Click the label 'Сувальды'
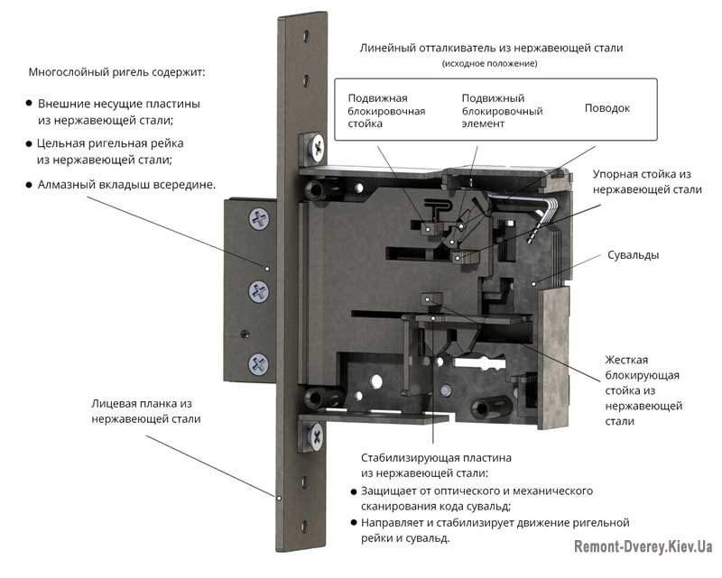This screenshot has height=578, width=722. pyautogui.click(x=634, y=255)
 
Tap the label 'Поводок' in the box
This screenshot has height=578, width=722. pyautogui.click(x=607, y=108)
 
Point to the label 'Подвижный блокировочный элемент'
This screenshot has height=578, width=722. pyautogui.click(x=502, y=110)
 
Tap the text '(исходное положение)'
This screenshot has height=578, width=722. pyautogui.click(x=490, y=64)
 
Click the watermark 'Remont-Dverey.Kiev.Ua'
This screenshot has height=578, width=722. pyautogui.click(x=643, y=546)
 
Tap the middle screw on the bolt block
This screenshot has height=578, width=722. pyautogui.click(x=260, y=290)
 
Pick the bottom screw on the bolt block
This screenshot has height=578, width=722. pyautogui.click(x=260, y=362)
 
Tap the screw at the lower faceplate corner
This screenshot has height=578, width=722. pyautogui.click(x=318, y=436)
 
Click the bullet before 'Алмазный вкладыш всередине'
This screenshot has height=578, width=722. pyautogui.click(x=29, y=184)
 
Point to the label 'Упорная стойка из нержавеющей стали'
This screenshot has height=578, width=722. pyautogui.click(x=647, y=181)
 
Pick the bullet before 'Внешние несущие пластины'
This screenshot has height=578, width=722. pyautogui.click(x=29, y=104)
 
